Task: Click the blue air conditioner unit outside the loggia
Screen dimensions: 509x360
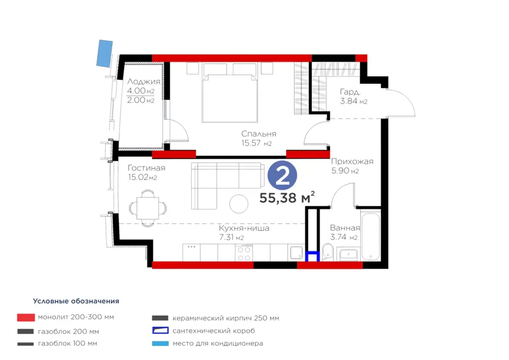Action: tap(105, 53)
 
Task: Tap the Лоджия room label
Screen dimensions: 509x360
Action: tap(144, 82)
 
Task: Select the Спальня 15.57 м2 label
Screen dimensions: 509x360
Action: tap(258, 139)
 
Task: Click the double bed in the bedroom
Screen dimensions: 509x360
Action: tap(230, 93)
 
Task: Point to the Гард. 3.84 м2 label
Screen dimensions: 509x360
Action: tap(353, 96)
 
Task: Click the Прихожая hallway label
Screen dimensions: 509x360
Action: tap(352, 161)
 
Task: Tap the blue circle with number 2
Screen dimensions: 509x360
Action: tap(282, 175)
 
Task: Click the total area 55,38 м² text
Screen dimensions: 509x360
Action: tap(287, 197)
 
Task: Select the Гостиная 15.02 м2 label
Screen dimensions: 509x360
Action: tap(146, 173)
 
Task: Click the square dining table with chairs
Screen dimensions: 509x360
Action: tap(148, 208)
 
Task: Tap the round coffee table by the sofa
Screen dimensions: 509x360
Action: tap(239, 204)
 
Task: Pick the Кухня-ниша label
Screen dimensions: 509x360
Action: tap(244, 228)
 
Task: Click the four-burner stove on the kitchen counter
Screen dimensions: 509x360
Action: tap(244, 254)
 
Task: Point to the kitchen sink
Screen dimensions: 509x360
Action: tap(296, 253)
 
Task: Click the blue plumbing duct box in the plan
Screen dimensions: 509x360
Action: tap(313, 256)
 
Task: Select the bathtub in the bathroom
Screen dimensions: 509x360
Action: tap(370, 236)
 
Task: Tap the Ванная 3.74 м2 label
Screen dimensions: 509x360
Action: tap(345, 233)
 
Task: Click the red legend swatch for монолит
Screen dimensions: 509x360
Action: tap(26, 318)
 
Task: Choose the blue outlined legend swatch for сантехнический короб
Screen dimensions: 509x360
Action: tap(161, 331)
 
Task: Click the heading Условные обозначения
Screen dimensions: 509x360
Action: tap(76, 301)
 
